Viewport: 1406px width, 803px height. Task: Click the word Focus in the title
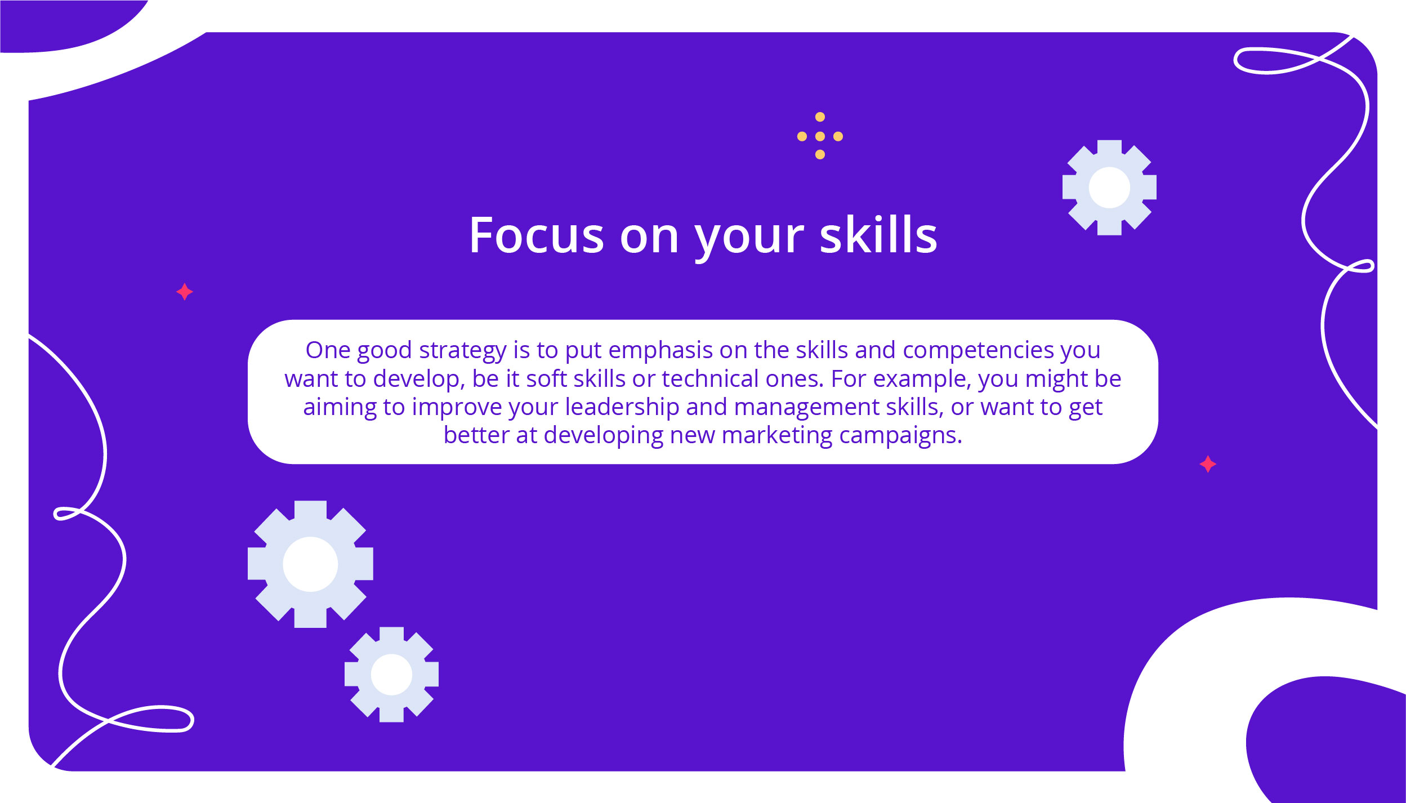pyautogui.click(x=537, y=235)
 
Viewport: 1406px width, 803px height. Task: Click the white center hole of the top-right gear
pyautogui.click(x=1109, y=188)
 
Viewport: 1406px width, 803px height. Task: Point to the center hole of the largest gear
pyautogui.click(x=310, y=564)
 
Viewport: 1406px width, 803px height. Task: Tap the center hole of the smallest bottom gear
pyautogui.click(x=392, y=675)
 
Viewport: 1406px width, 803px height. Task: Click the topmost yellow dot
pyautogui.click(x=820, y=117)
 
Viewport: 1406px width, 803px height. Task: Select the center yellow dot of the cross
pyautogui.click(x=820, y=136)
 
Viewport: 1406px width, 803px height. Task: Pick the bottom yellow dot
pyautogui.click(x=820, y=154)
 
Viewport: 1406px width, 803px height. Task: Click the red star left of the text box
pyautogui.click(x=185, y=292)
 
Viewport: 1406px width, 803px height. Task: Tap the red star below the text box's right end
pyautogui.click(x=1208, y=464)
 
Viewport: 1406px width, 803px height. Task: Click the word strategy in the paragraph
pyautogui.click(x=463, y=351)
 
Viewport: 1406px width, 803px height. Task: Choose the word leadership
pyautogui.click(x=622, y=408)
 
